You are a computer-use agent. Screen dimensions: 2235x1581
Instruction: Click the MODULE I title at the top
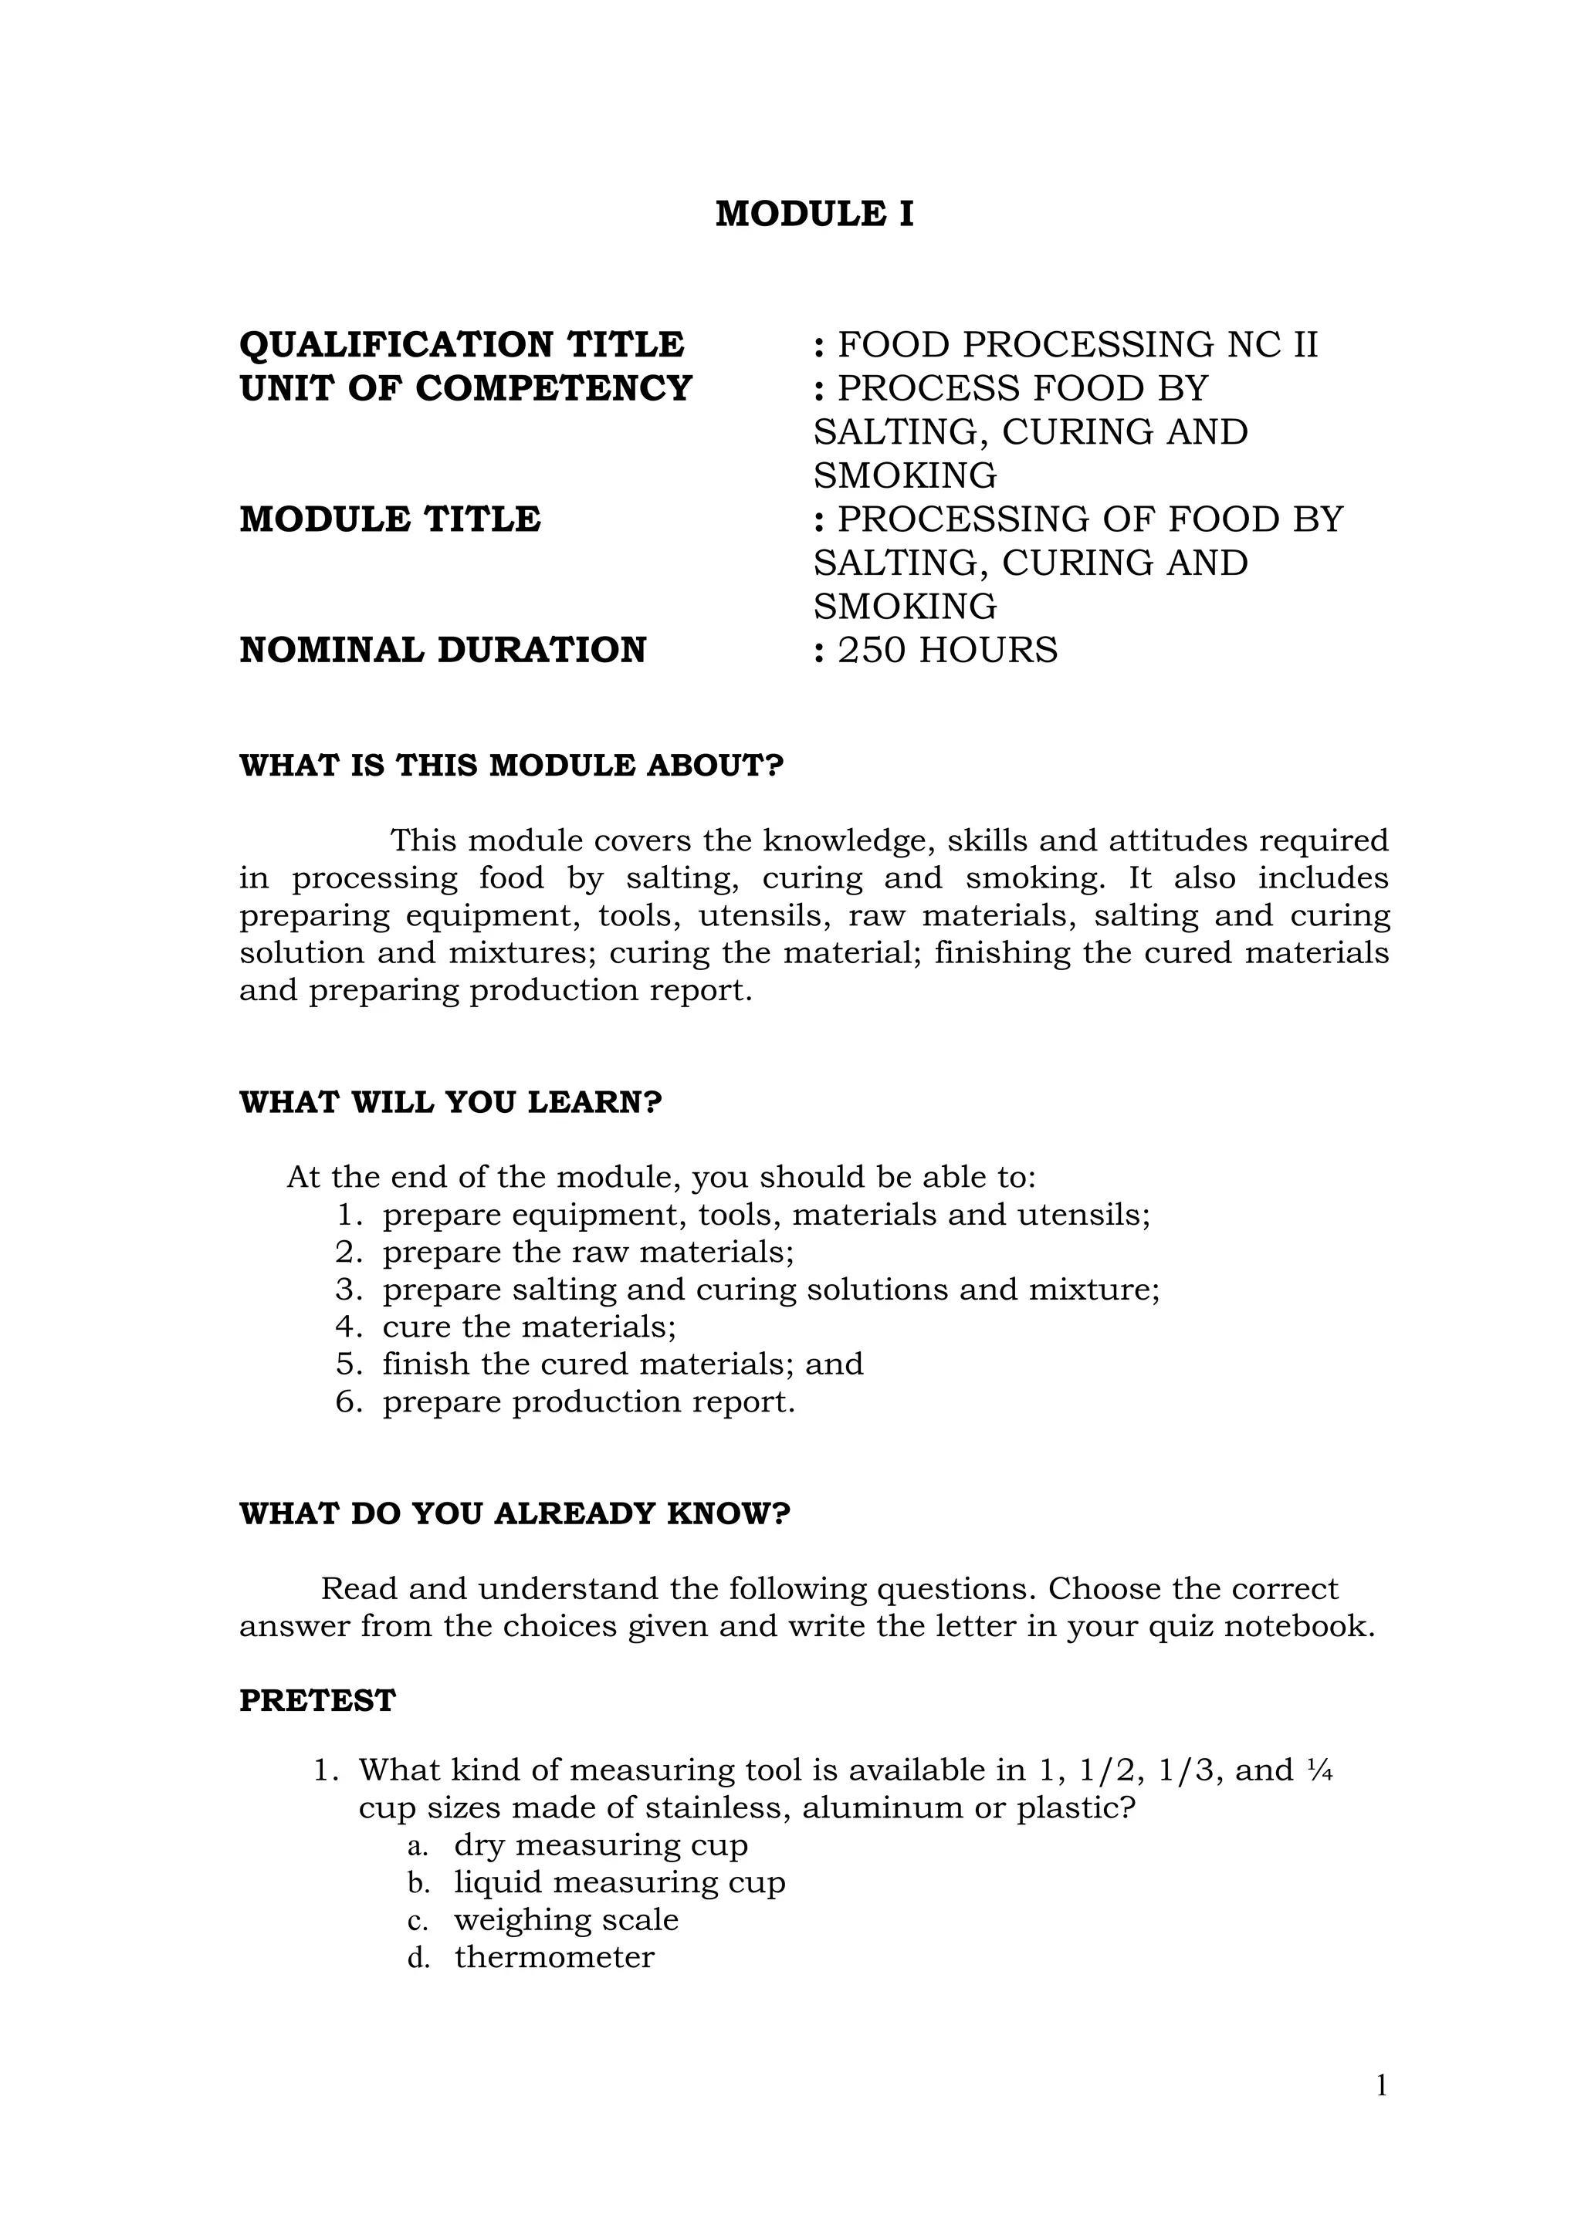[814, 214]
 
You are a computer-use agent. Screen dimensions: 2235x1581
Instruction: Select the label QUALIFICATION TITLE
[462, 345]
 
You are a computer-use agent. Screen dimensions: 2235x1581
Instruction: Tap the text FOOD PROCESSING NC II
[1077, 345]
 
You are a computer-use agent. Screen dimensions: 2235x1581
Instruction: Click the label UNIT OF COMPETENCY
[465, 388]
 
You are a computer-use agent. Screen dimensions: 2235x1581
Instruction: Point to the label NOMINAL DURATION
[443, 651]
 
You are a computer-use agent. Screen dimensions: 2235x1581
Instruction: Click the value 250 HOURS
[946, 651]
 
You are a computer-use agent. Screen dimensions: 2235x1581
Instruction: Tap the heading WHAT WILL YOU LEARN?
[451, 1103]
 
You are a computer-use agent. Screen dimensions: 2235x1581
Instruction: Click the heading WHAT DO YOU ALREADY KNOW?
[515, 1513]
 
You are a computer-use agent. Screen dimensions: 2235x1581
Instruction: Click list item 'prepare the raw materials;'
[588, 1252]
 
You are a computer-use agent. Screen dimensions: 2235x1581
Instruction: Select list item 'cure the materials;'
[529, 1327]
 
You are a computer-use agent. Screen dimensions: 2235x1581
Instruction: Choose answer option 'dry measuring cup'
[601, 1844]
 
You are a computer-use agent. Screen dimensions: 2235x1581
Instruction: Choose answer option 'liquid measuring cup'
[619, 1882]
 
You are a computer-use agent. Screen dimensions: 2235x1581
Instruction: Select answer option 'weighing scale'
[566, 1919]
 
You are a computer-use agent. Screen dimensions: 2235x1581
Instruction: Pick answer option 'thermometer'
[554, 1956]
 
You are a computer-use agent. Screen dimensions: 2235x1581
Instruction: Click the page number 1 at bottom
[1380, 2086]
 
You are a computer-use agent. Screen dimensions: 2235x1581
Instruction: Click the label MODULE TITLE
[389, 520]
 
